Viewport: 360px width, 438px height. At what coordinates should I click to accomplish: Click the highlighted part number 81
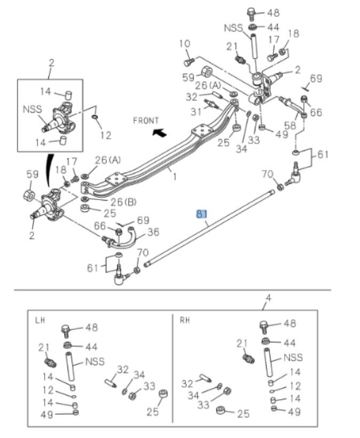pos(201,214)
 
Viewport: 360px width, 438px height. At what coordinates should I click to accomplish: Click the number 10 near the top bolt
pos(185,43)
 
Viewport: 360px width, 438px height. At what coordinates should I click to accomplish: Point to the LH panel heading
pos(40,321)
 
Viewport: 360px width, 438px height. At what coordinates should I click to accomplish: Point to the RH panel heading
pos(185,321)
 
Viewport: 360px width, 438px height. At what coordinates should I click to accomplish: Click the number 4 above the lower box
pos(268,298)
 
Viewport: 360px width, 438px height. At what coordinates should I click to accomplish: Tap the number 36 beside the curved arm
pos(153,232)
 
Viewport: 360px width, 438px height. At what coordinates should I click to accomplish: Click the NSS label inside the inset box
pos(33,109)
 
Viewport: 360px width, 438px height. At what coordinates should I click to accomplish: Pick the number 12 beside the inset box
pos(106,135)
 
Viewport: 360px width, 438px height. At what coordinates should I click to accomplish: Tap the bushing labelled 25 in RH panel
pos(220,412)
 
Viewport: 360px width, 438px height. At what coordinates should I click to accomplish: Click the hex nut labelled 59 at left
pos(29,196)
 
